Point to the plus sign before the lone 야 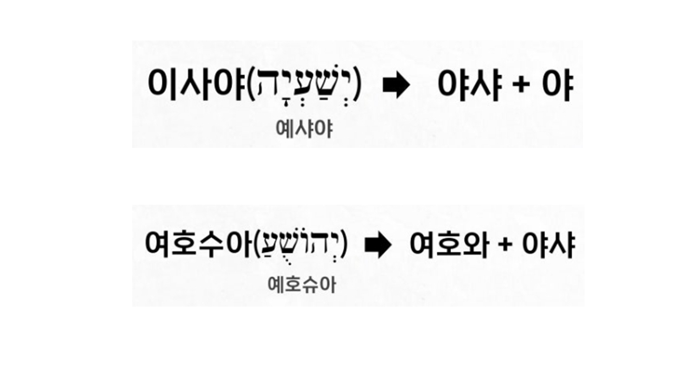coord(521,85)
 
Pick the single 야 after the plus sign coord(558,85)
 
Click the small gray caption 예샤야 coord(304,129)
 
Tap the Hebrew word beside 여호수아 coord(300,244)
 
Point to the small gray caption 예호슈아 coord(302,285)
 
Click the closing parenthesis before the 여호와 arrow coord(343,244)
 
